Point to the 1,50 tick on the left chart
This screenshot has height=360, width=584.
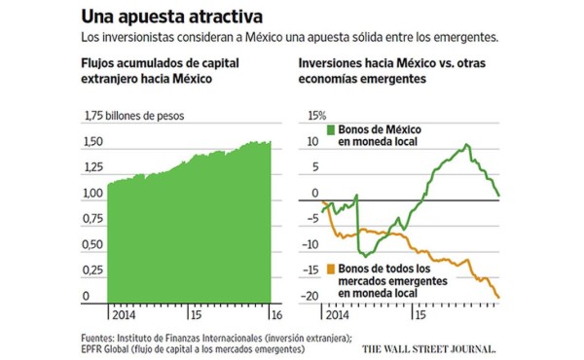92,142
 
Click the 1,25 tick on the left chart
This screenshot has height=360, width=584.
92,168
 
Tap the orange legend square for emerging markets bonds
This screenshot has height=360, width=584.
331,268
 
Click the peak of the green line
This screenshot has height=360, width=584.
468,146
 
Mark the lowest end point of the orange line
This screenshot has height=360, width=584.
498,298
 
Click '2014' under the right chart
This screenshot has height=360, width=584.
334,316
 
